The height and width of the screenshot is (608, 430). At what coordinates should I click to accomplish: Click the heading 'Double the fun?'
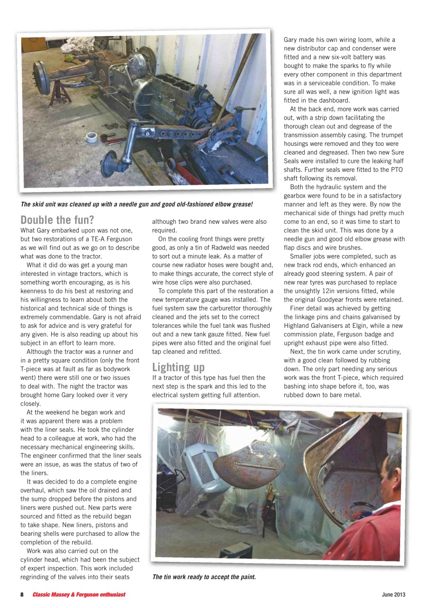[57, 220]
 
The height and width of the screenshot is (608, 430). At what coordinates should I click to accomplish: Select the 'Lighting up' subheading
[178, 367]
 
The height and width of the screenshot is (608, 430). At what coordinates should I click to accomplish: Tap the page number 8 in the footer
[22, 595]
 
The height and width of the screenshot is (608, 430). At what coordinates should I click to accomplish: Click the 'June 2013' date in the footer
[393, 595]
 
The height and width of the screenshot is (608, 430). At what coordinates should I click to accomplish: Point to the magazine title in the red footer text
[79, 595]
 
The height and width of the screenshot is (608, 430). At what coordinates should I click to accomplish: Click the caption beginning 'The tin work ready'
[204, 577]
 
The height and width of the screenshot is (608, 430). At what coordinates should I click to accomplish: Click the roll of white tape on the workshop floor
[92, 137]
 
